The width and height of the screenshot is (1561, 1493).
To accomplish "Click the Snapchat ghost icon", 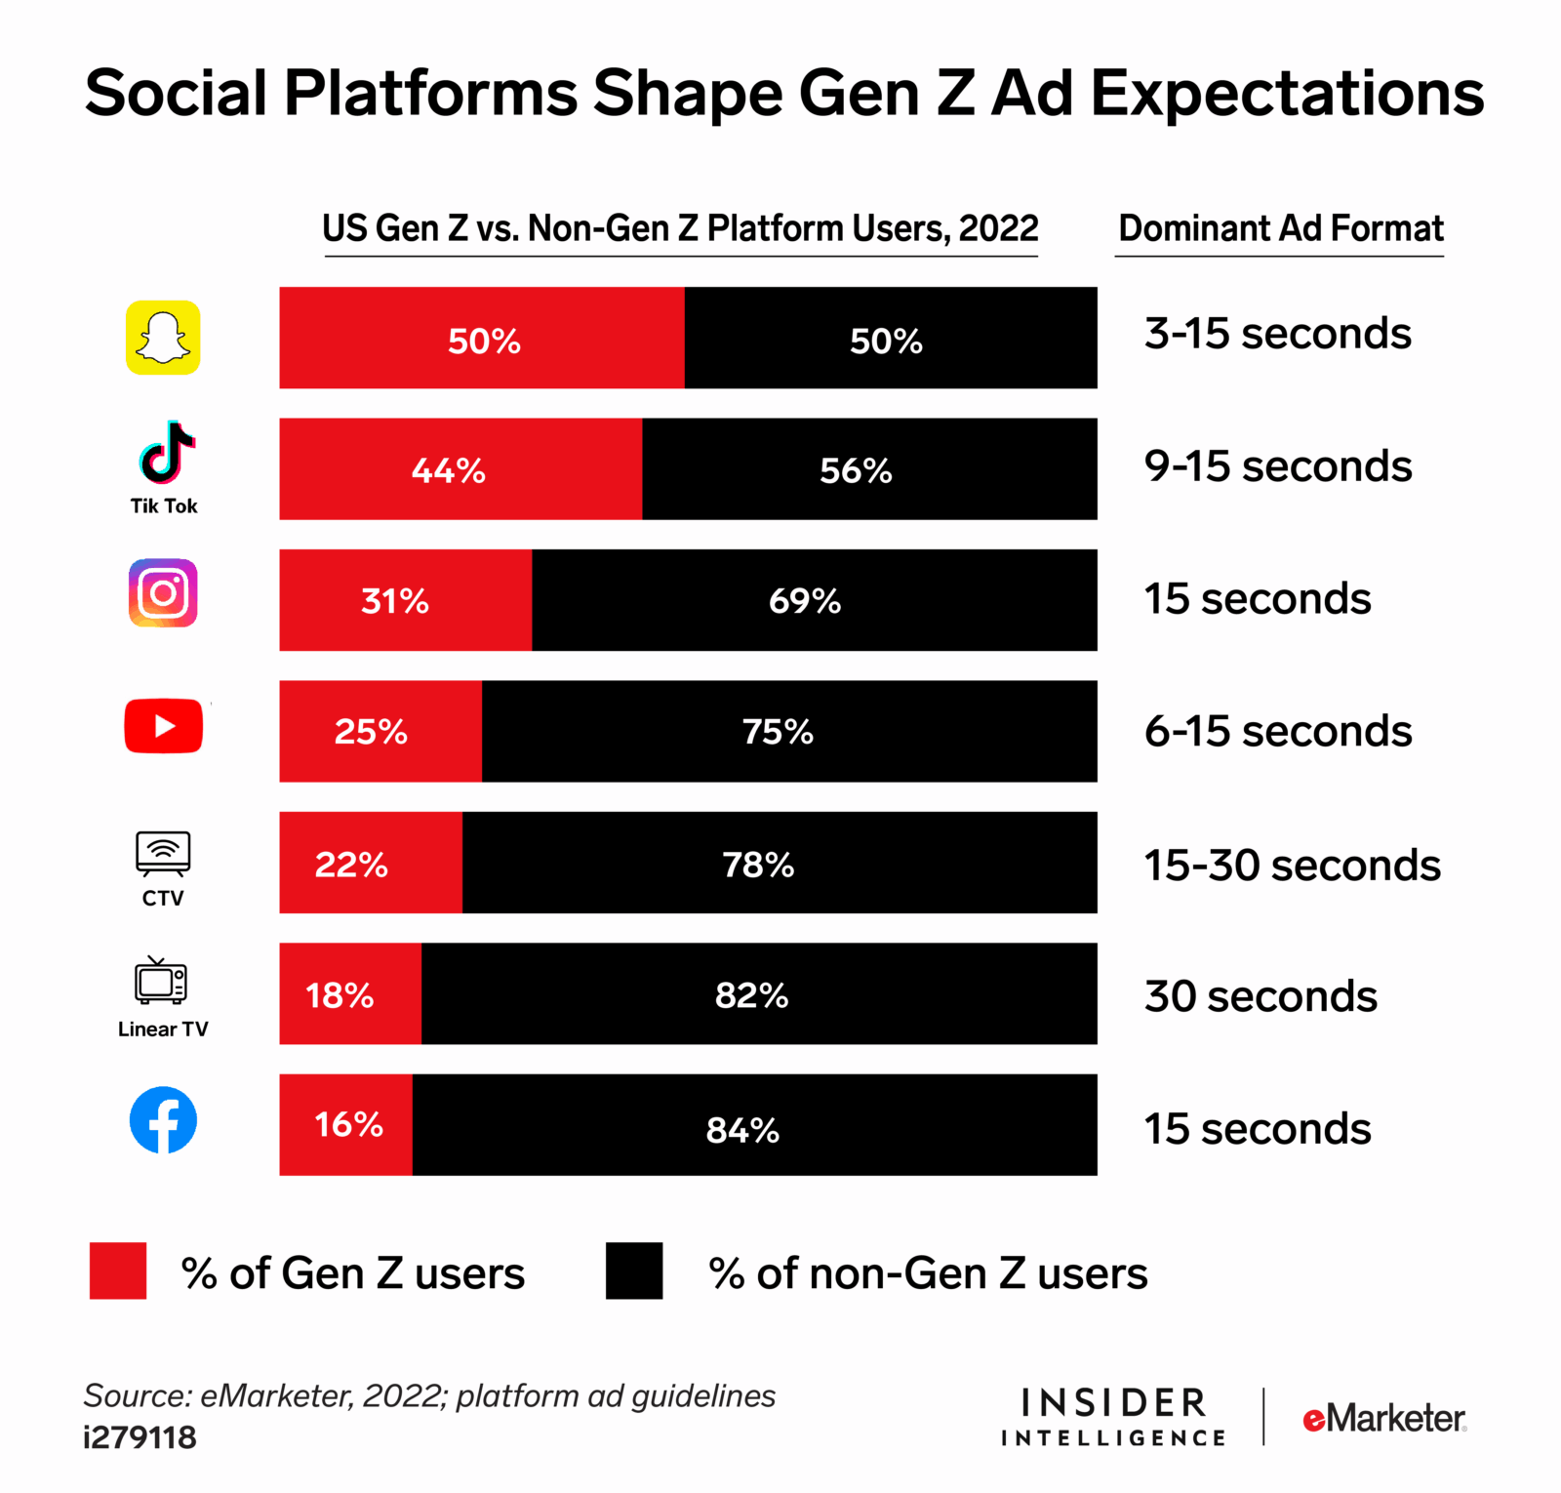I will click(163, 338).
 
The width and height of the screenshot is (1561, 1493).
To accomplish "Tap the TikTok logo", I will click(166, 454).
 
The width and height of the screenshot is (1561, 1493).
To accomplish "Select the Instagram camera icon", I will click(163, 593).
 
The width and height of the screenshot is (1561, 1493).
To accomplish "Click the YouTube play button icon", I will click(164, 726).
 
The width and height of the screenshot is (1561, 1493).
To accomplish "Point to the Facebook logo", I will click(163, 1120).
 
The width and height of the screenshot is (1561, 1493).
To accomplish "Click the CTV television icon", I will click(163, 854).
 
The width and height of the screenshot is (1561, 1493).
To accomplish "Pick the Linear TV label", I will click(163, 1029).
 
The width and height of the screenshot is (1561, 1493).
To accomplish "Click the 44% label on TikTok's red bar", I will click(448, 471).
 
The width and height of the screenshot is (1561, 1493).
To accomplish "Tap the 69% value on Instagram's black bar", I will click(804, 601).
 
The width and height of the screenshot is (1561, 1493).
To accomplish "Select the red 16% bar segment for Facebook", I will click(346, 1125).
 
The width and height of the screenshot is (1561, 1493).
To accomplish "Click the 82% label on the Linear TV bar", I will click(751, 995).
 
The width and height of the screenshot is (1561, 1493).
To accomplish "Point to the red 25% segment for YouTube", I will click(380, 732).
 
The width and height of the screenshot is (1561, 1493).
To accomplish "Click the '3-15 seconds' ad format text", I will click(1277, 334).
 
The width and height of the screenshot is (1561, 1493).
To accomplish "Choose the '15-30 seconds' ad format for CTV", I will click(1292, 866).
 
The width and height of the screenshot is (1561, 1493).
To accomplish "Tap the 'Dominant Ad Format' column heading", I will click(1280, 228).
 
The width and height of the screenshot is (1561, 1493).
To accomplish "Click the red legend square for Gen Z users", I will click(118, 1271).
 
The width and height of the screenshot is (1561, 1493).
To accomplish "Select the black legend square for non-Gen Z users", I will click(634, 1271).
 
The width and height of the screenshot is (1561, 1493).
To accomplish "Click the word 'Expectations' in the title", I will click(1287, 94).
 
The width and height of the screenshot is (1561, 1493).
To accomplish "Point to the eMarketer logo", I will click(1383, 1418).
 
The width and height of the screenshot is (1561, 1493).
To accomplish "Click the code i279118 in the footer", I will click(140, 1437).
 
